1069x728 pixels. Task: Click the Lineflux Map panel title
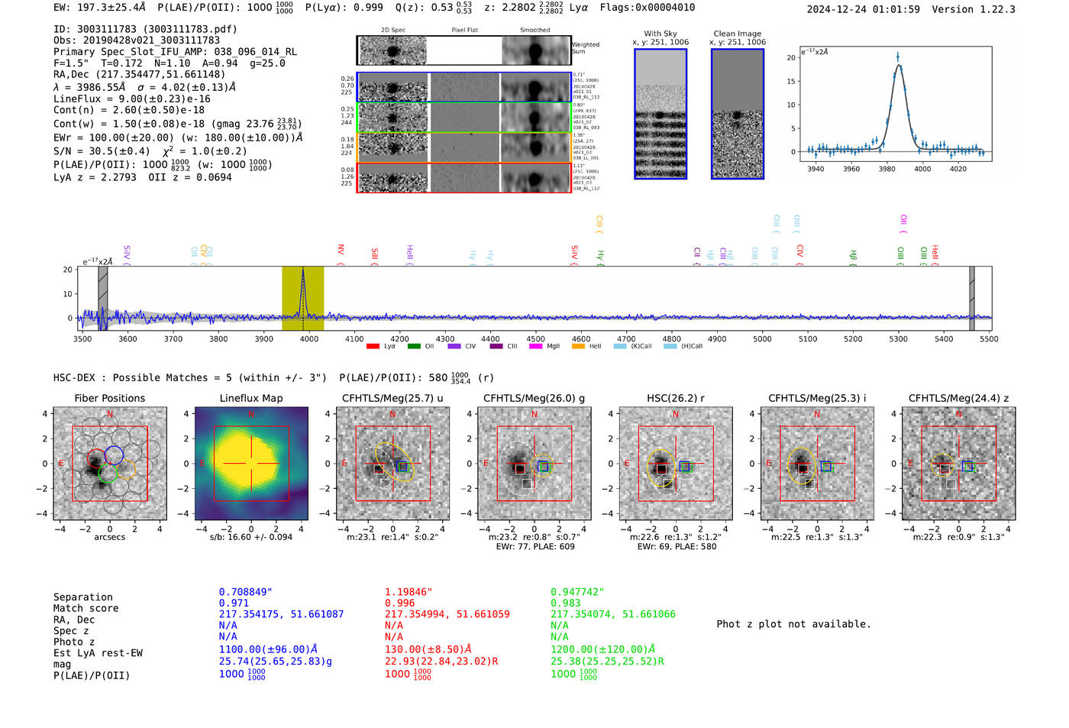tap(250, 398)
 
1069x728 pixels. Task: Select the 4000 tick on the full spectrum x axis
tap(309, 338)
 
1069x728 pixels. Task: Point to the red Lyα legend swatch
tap(373, 346)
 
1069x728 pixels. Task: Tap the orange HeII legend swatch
tap(578, 346)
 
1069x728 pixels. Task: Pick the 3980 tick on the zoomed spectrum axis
tap(887, 169)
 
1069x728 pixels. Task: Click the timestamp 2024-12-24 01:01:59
tap(863, 9)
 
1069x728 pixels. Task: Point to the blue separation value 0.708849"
tap(245, 592)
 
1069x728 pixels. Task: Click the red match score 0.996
tap(399, 603)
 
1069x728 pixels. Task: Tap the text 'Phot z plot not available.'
tap(793, 624)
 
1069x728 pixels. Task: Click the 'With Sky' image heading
tap(660, 34)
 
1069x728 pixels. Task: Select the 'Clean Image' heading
tap(737, 34)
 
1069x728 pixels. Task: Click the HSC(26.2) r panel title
tap(675, 398)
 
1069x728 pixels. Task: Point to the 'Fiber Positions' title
tap(109, 398)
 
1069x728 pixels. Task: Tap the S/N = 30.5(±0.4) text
tap(102, 151)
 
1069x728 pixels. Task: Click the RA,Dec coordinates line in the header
tap(139, 74)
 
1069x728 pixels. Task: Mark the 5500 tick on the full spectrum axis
tap(989, 338)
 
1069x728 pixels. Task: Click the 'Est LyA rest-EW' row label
tap(98, 653)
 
